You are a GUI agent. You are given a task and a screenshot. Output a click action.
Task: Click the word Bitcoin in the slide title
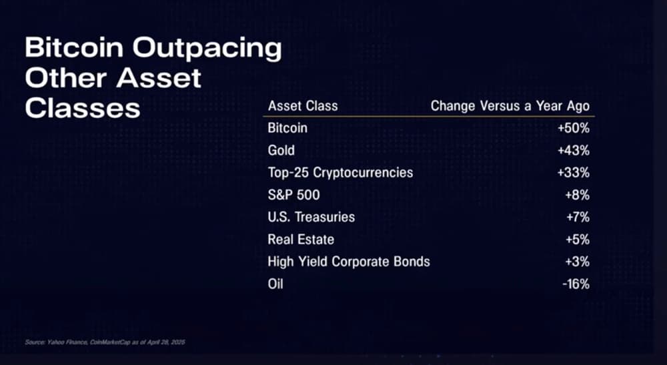(75, 47)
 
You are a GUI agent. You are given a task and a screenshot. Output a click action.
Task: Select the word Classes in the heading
(83, 108)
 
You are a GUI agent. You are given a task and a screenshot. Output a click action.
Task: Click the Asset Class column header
(303, 105)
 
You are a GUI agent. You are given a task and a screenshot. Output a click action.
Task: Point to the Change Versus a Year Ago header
(510, 106)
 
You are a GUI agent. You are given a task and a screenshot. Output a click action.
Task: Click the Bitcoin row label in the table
(287, 128)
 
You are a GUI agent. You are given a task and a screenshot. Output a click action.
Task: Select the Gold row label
(281, 150)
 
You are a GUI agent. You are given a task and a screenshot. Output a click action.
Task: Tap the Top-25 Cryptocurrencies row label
(340, 173)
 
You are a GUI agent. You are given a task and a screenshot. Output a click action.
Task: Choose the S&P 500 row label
(294, 195)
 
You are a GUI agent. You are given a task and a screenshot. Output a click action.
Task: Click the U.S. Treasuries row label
(311, 217)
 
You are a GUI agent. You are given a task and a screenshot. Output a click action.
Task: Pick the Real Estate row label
(301, 239)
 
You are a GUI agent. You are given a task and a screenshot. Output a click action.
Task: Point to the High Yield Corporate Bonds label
(349, 262)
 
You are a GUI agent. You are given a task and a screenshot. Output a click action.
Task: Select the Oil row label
(275, 284)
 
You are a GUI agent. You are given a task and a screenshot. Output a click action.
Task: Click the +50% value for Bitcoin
(574, 128)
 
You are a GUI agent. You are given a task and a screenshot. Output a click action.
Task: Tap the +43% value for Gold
(574, 150)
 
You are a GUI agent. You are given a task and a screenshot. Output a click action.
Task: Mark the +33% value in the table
(574, 173)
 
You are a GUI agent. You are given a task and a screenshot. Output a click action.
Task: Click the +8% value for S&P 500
(578, 195)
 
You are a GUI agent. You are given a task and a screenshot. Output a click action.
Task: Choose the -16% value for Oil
(576, 284)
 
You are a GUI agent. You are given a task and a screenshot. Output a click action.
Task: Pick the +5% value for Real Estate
(578, 239)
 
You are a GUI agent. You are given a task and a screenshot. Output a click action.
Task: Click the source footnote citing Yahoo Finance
(105, 342)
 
